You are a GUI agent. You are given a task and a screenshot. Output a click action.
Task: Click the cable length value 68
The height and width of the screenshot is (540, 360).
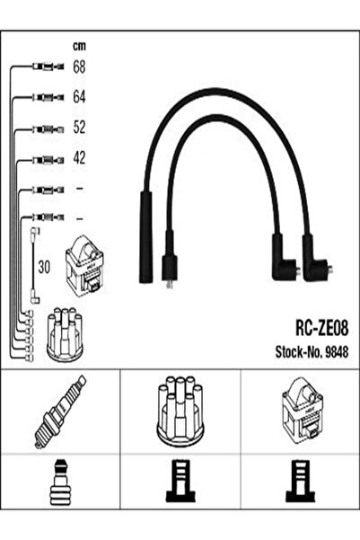79,66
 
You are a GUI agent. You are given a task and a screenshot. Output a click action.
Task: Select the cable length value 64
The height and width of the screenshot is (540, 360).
79,97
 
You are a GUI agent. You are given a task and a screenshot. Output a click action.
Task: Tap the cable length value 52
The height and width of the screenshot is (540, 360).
79,127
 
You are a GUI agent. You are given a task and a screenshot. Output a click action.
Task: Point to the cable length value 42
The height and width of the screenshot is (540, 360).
79,157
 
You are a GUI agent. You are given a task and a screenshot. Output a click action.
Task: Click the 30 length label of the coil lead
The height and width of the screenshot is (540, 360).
44,267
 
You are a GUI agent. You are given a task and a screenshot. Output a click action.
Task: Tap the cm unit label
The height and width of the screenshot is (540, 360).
79,46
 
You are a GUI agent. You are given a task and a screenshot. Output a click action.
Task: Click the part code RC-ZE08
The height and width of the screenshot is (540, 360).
321,329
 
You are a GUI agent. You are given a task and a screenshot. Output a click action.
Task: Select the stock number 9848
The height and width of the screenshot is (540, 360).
337,352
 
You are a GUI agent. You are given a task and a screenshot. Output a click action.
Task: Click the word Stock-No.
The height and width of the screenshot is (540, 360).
298,352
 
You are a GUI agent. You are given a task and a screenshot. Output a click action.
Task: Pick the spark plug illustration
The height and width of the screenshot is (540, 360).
60,412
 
